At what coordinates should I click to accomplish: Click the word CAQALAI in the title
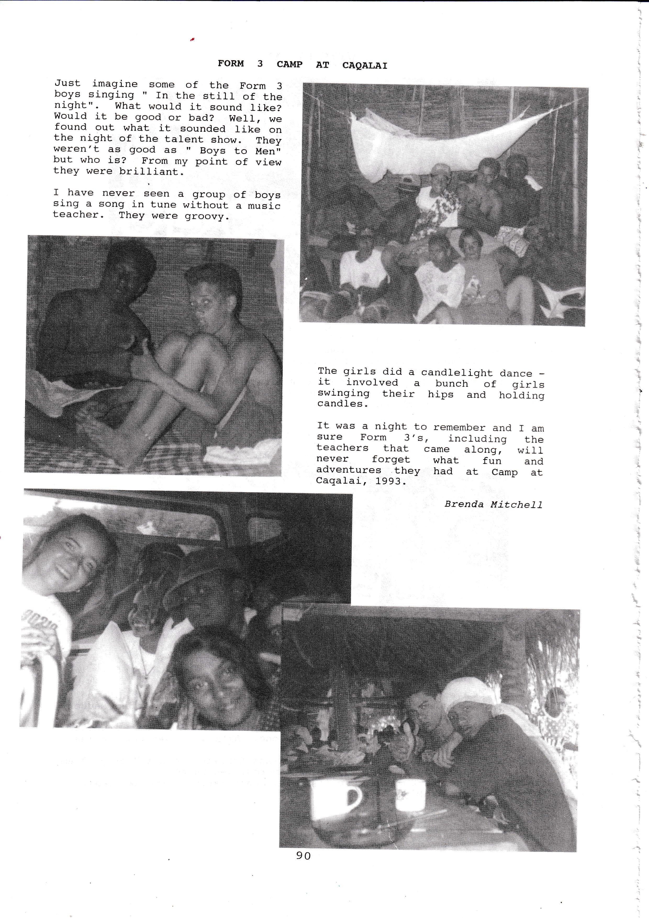365,65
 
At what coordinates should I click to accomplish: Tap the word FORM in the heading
231,64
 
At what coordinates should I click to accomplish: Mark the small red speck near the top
192,39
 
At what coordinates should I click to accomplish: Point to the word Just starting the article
68,84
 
